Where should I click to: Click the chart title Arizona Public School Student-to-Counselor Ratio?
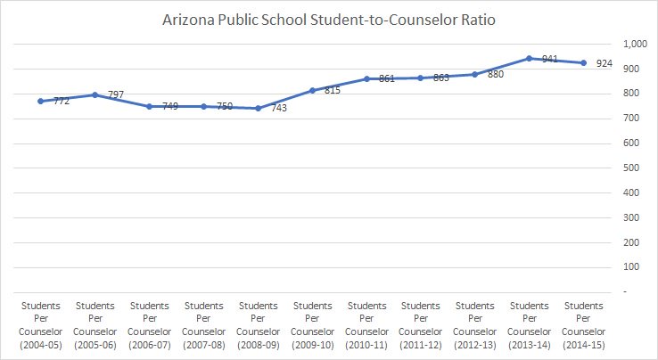click(x=329, y=18)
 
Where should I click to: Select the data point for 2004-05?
click(x=41, y=101)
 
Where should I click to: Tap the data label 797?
click(x=115, y=94)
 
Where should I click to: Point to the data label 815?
click(x=332, y=91)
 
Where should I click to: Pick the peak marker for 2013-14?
click(x=529, y=59)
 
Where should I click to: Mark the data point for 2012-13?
click(x=474, y=74)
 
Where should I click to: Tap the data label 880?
click(x=495, y=75)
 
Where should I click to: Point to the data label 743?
click(x=277, y=109)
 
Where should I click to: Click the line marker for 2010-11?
click(x=366, y=78)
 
